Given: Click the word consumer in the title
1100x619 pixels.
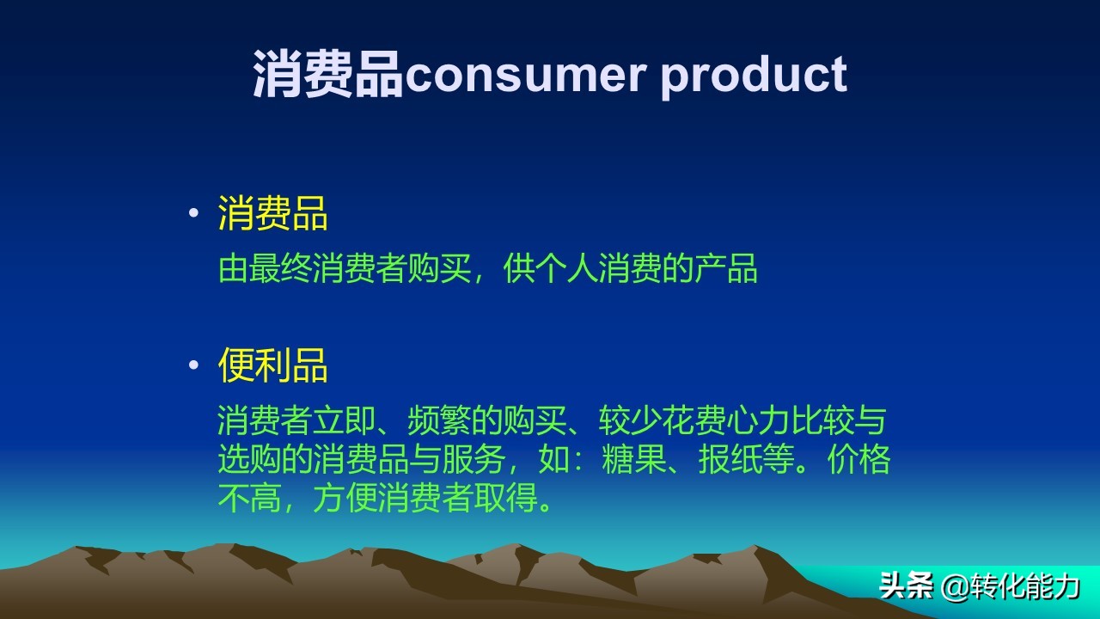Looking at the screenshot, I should [524, 75].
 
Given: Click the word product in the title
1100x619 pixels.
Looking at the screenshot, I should [753, 75].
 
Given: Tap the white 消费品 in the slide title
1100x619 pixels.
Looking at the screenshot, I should [327, 75].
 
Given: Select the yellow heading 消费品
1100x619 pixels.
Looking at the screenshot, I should [272, 213].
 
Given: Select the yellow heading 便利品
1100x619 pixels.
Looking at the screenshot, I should [272, 365].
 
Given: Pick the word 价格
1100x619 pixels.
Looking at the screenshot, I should [859, 461].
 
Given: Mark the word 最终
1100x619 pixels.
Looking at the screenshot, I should [280, 270].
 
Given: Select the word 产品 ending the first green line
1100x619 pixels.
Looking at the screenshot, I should [727, 270].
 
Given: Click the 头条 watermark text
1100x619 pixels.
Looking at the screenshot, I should [906, 586].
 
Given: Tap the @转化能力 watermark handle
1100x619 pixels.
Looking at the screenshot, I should [1011, 586].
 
